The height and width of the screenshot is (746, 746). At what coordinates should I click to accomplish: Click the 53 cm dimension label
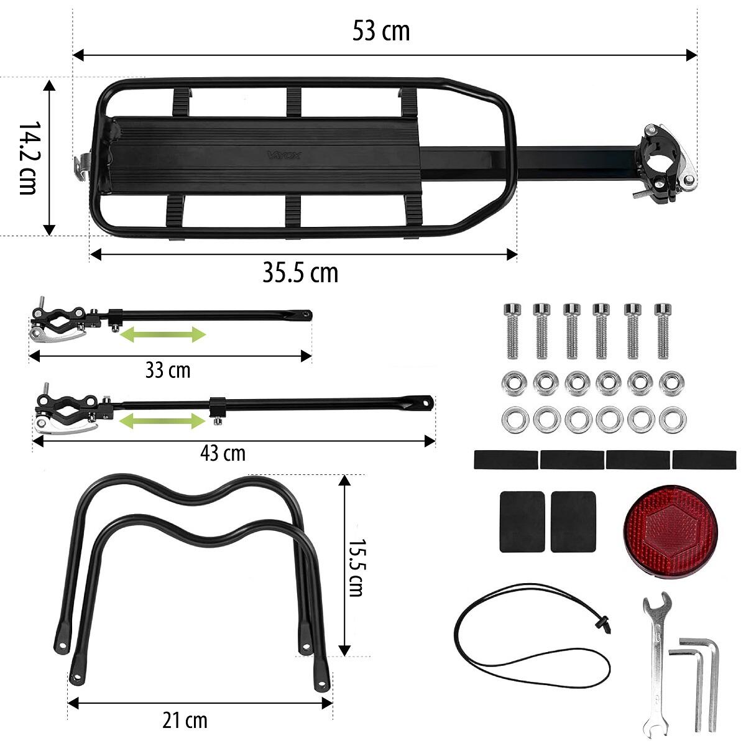click(x=381, y=31)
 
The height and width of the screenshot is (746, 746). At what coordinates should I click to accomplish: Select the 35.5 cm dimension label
click(x=300, y=272)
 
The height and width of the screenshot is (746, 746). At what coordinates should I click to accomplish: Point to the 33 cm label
click(x=168, y=370)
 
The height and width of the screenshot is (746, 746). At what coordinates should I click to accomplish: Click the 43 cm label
click(x=223, y=453)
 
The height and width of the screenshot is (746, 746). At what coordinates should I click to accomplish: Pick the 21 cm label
click(x=185, y=721)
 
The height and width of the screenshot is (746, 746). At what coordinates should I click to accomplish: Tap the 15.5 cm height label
click(x=356, y=568)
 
